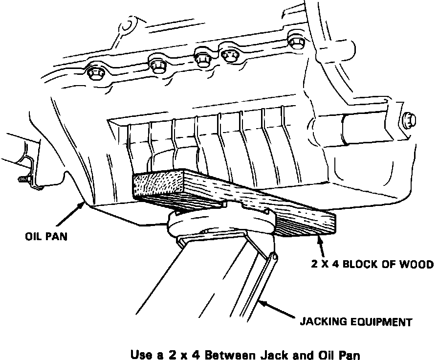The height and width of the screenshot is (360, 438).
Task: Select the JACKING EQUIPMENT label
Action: tap(356, 322)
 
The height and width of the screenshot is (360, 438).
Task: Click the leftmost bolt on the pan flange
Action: tap(95, 74)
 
